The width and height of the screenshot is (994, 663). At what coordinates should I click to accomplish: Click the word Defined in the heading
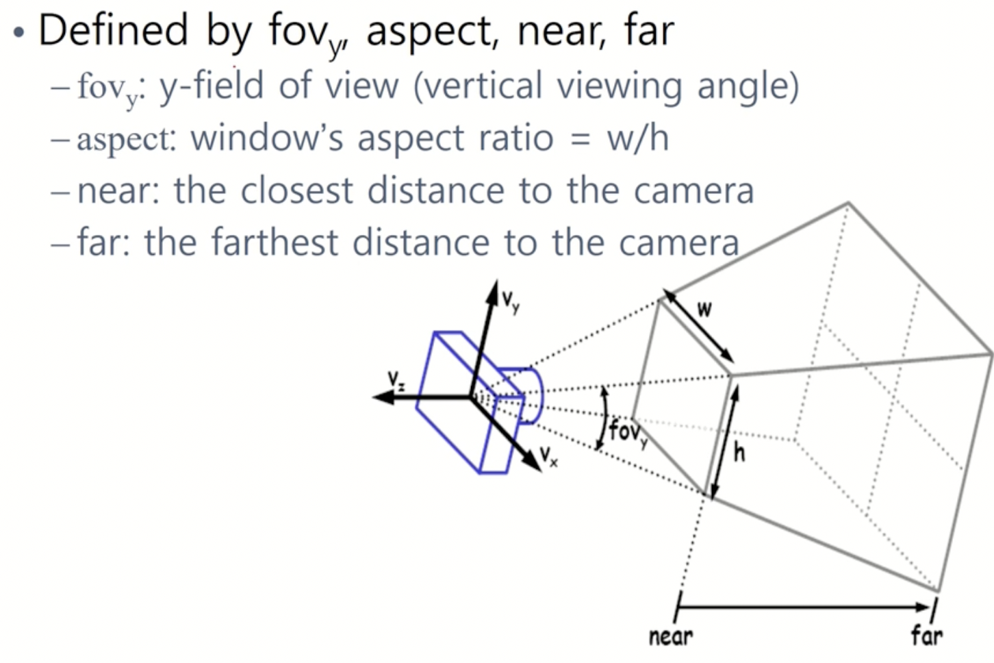113,30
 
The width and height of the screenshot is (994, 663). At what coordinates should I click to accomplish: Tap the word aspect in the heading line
432,32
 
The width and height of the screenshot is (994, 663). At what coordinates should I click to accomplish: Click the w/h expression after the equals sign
637,138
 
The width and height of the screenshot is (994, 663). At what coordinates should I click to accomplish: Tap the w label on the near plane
704,310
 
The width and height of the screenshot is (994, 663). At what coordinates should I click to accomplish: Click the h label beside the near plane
739,451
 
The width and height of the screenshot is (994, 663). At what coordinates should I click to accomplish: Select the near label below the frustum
671,636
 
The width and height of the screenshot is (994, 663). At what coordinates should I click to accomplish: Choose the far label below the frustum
926,635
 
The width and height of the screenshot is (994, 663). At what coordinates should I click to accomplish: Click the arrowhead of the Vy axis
492,290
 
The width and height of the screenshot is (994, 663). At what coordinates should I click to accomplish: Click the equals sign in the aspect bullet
580,139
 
